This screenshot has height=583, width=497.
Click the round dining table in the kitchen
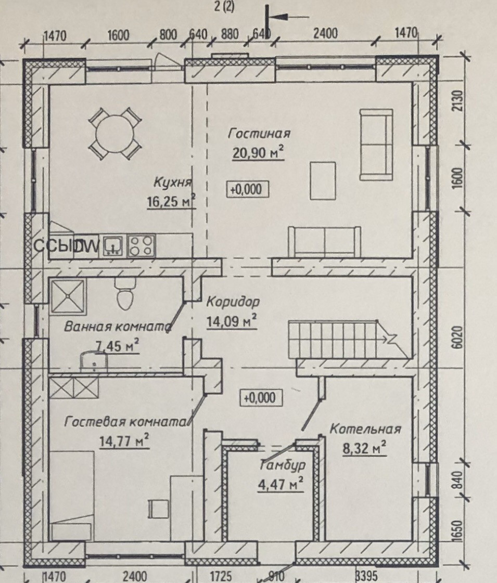(115, 133)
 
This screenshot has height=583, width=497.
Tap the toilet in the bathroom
(124, 296)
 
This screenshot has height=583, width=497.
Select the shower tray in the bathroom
(67, 297)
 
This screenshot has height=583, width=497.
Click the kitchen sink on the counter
(112, 245)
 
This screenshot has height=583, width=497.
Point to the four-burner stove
(142, 245)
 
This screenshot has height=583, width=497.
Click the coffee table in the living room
(323, 180)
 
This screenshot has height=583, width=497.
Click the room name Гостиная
(259, 134)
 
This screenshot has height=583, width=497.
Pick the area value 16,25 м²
(171, 201)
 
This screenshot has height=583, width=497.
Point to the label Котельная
(365, 430)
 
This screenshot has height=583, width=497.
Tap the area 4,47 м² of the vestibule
(281, 485)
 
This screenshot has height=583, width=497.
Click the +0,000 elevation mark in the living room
(247, 189)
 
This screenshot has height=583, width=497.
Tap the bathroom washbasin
(92, 360)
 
